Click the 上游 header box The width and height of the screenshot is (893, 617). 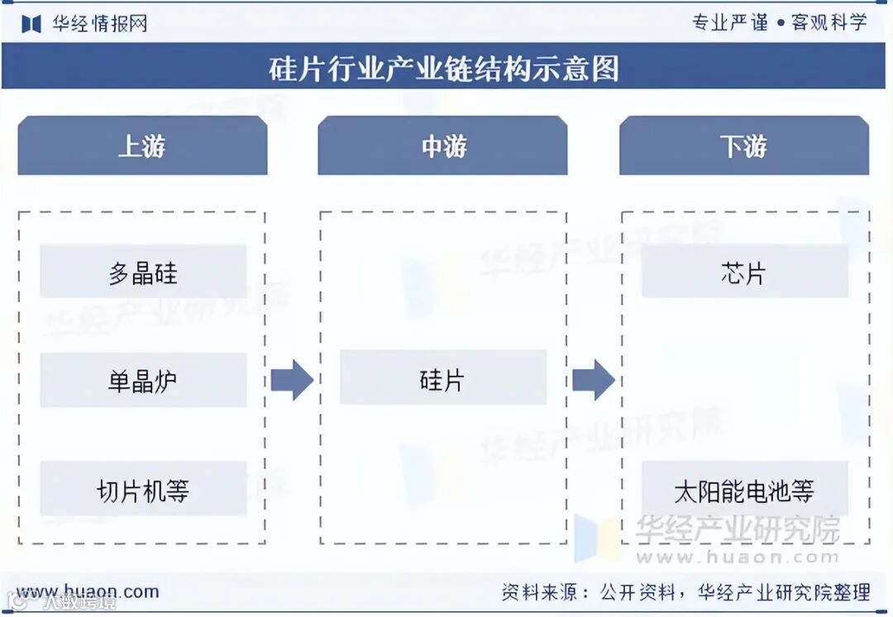(x=142, y=146)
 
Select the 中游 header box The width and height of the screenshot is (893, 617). (x=442, y=146)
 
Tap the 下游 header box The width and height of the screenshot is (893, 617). (x=743, y=146)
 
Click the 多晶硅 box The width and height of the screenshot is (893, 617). (x=143, y=272)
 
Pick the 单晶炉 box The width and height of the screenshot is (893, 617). (x=143, y=381)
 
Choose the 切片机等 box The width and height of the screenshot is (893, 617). (x=143, y=490)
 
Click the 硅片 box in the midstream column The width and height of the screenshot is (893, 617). (x=442, y=378)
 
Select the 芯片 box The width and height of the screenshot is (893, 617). (x=743, y=272)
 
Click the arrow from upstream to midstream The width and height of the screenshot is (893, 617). (x=291, y=380)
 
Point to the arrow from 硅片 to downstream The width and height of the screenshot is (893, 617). (x=593, y=380)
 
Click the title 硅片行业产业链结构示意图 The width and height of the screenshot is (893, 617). (x=443, y=68)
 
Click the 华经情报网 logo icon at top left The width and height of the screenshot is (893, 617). (x=31, y=23)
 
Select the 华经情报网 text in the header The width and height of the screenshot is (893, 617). (x=99, y=23)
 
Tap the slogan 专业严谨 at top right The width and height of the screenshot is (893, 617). (x=730, y=22)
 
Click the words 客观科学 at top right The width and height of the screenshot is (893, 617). (x=829, y=22)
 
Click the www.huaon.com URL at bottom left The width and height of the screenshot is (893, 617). (x=88, y=591)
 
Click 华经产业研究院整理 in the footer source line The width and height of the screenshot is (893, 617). (x=783, y=592)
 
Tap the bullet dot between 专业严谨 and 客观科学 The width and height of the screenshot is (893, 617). (x=780, y=23)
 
